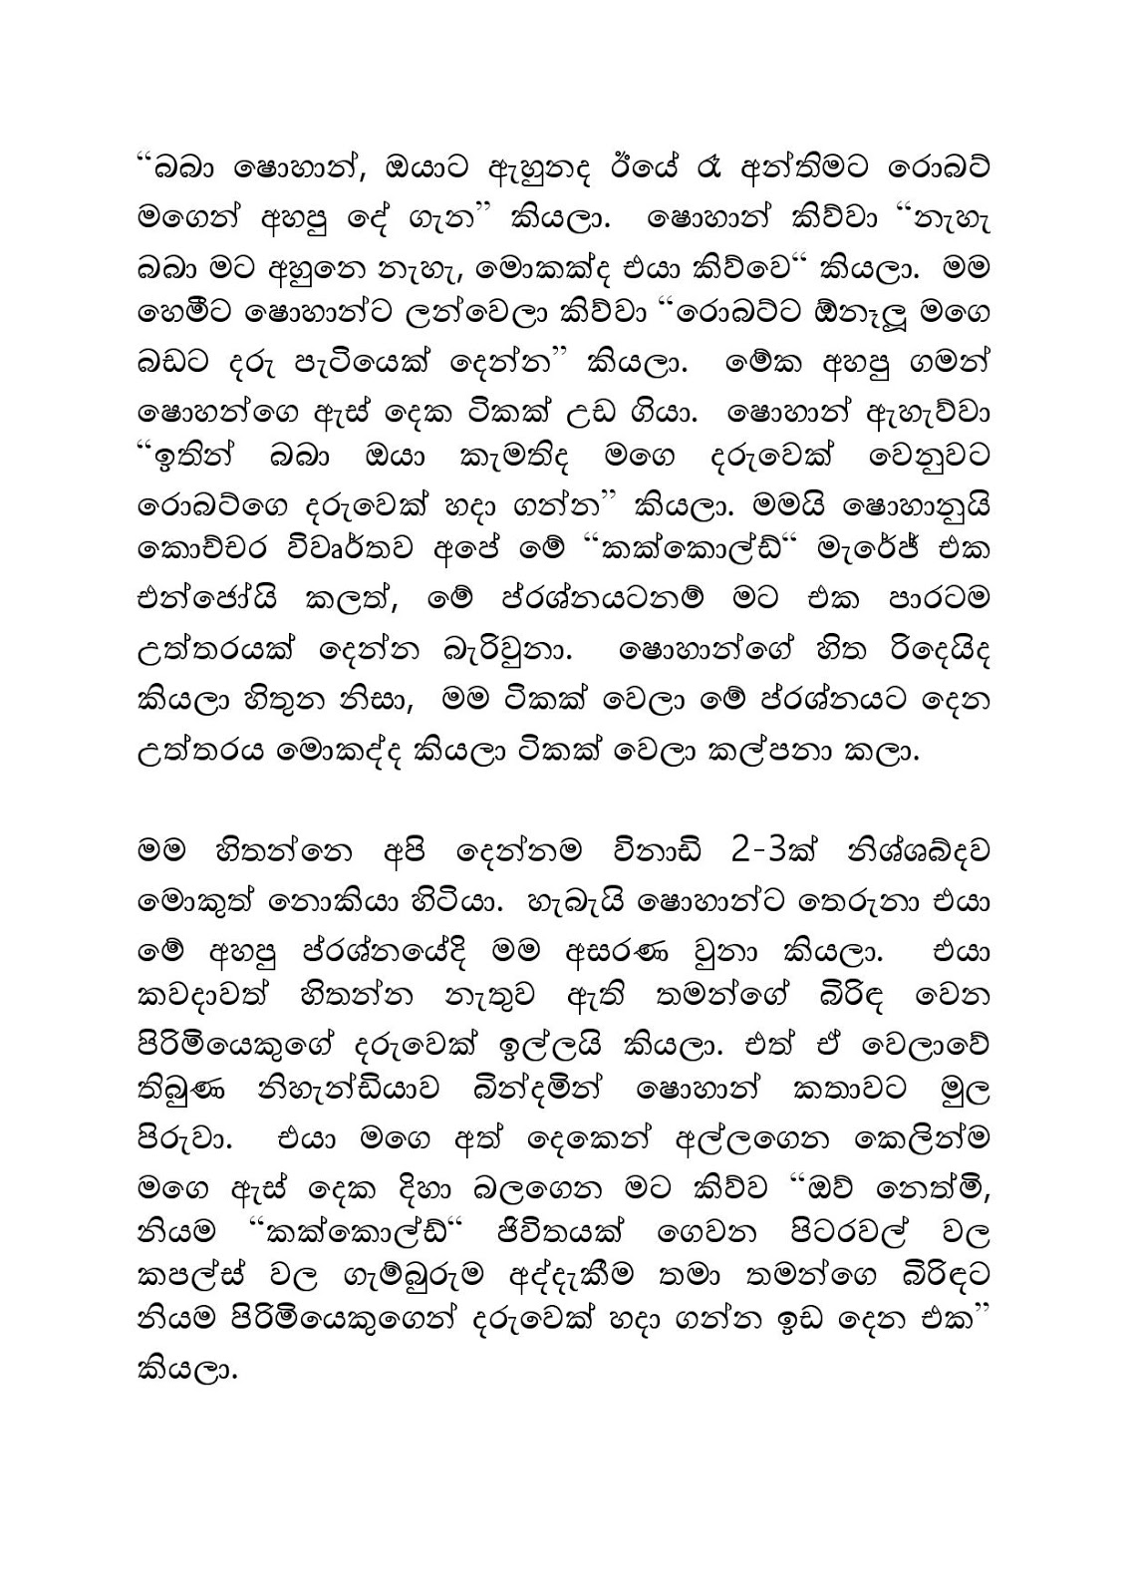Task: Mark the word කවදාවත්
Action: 200,994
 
